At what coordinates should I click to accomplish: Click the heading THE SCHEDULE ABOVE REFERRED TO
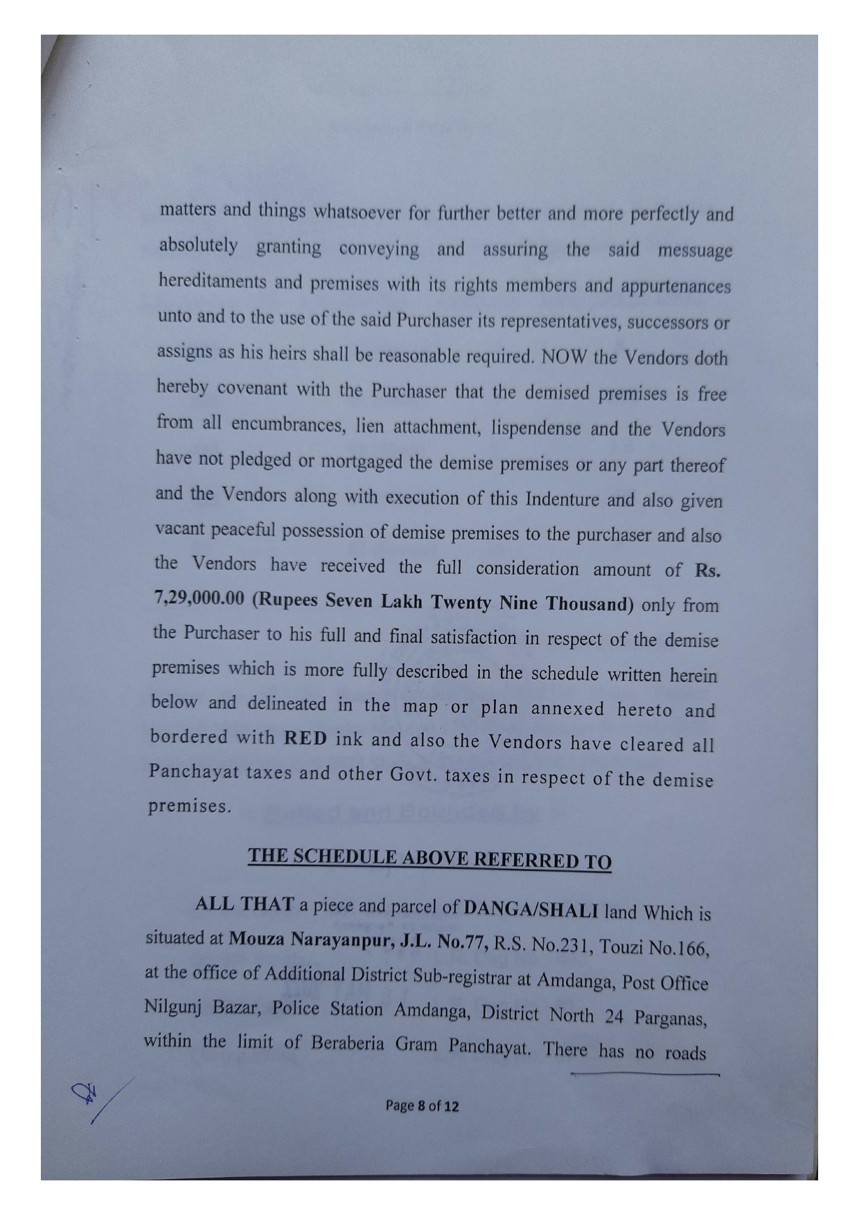coord(429,859)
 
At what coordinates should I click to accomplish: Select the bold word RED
coord(305,738)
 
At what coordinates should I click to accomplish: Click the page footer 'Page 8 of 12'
coord(422,1106)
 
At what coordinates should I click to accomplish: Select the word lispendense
coord(535,427)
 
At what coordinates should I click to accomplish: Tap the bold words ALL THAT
coord(236,904)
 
